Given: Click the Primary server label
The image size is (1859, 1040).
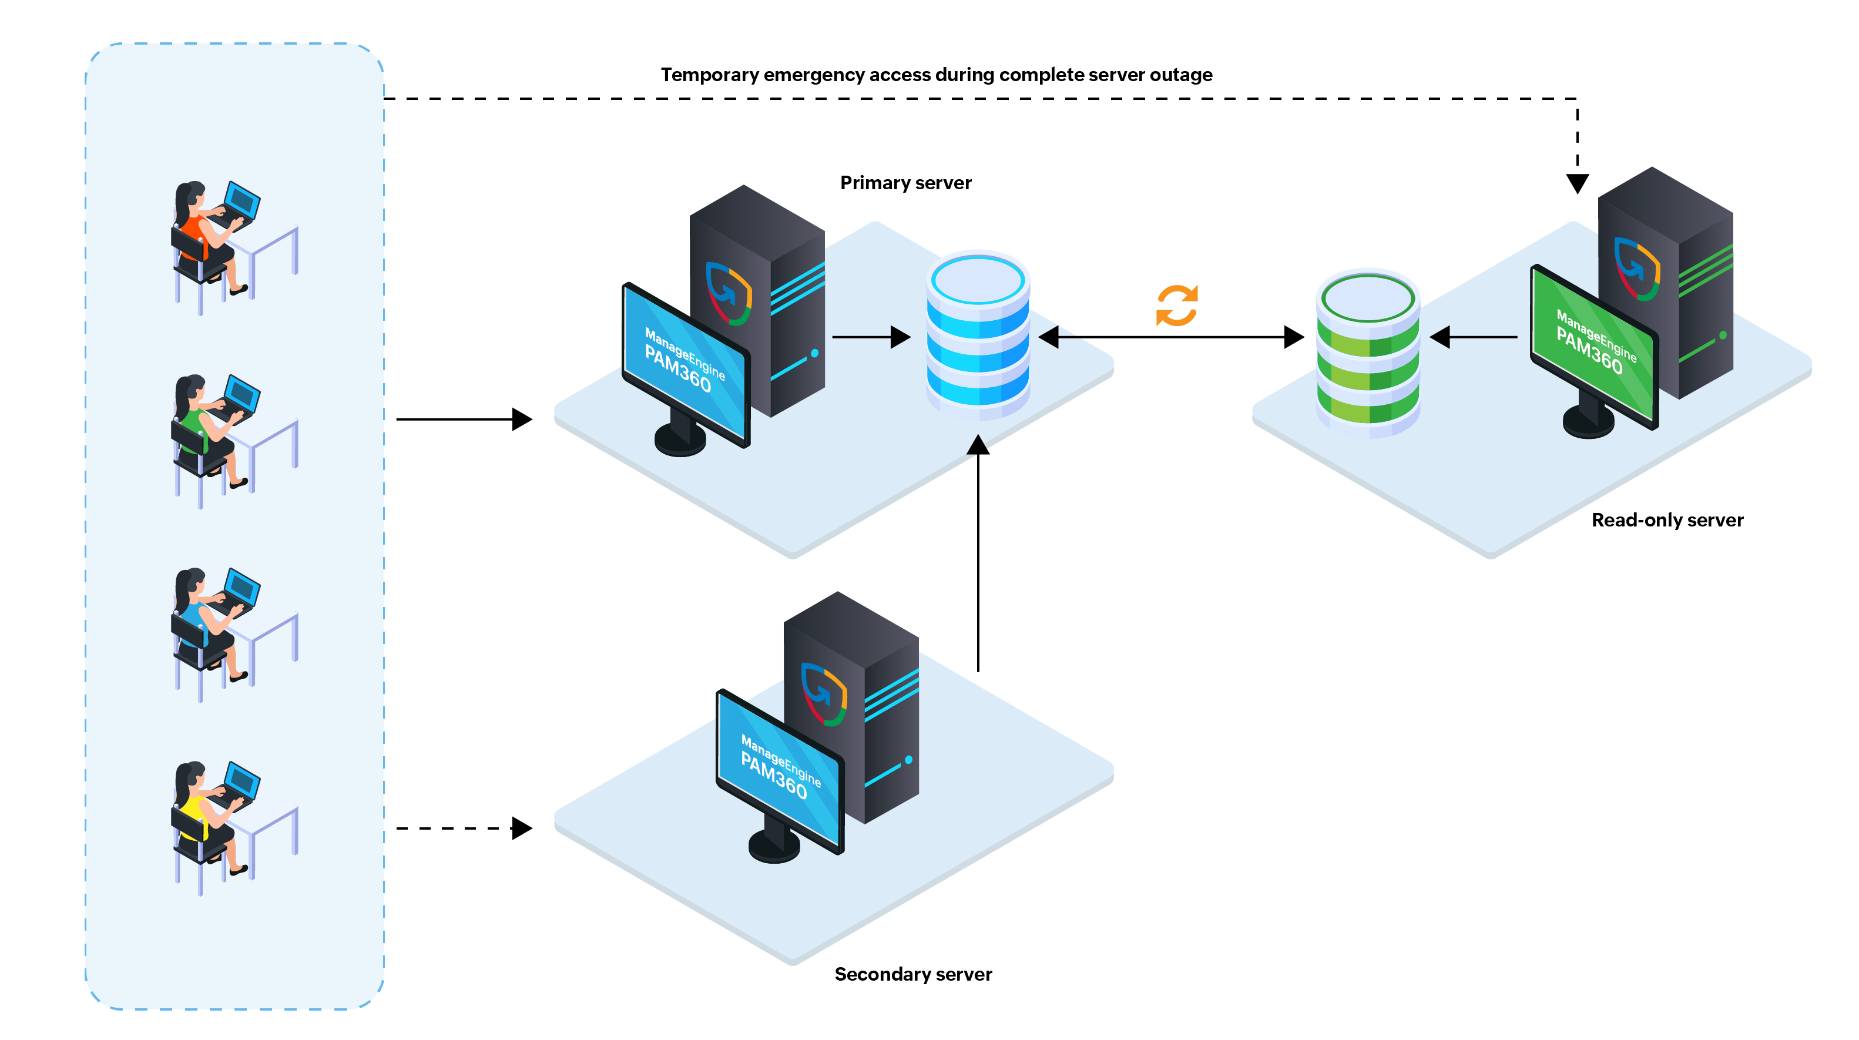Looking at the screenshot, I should (905, 183).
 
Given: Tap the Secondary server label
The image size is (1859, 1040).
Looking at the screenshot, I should (913, 974).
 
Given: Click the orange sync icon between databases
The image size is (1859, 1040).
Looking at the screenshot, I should (1176, 306).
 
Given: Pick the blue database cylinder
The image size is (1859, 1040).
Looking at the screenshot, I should (978, 336).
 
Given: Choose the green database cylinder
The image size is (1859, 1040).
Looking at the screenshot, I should (1368, 354).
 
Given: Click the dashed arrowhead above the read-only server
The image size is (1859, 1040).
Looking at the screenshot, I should (1577, 183).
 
